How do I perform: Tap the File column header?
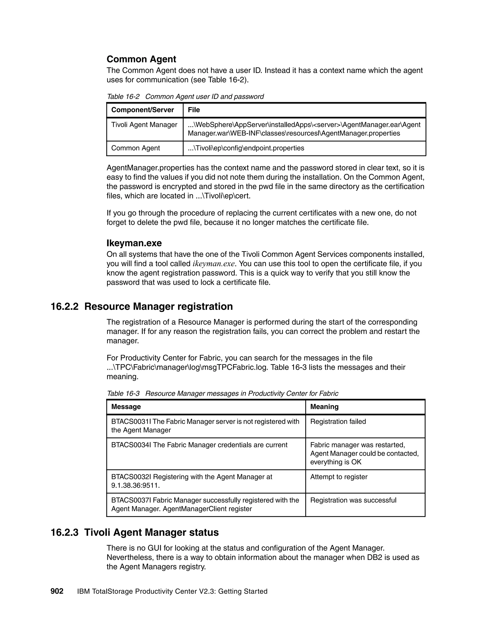[194, 110]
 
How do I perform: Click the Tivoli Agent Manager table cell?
[144, 125]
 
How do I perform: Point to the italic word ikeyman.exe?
[213, 264]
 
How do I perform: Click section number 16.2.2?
[65, 307]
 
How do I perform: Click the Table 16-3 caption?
[222, 393]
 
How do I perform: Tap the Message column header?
[126, 407]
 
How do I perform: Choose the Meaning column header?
[324, 407]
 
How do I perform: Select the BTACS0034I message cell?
[199, 445]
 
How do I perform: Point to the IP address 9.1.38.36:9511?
[135, 485]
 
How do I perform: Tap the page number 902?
[57, 591]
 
